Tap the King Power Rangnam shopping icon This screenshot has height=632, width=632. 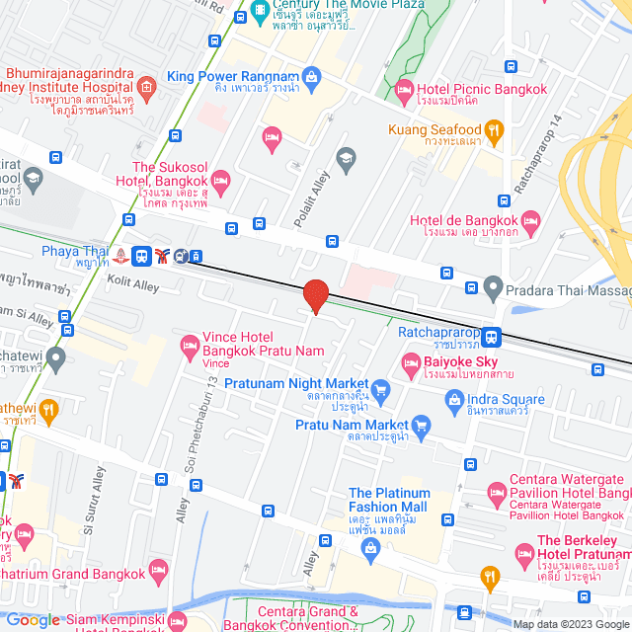(312, 76)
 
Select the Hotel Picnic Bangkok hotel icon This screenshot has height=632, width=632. (404, 90)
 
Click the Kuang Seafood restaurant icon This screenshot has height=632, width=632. (496, 129)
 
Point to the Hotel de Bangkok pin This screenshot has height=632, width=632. (531, 219)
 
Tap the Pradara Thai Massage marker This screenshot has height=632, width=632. (494, 289)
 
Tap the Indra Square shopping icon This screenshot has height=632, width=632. (454, 400)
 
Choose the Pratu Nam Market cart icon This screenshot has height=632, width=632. (422, 425)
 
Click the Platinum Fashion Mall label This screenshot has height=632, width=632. (389, 500)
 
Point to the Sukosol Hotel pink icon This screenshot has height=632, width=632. (220, 180)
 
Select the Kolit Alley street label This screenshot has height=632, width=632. (133, 285)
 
